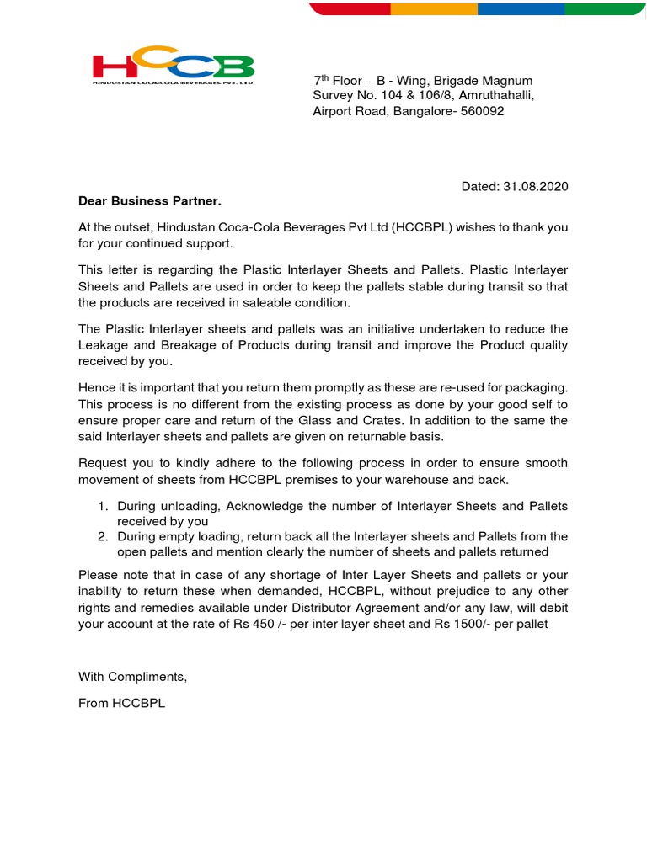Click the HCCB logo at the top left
[x=173, y=67]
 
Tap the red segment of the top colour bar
[x=350, y=8]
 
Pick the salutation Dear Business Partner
[x=150, y=201]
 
